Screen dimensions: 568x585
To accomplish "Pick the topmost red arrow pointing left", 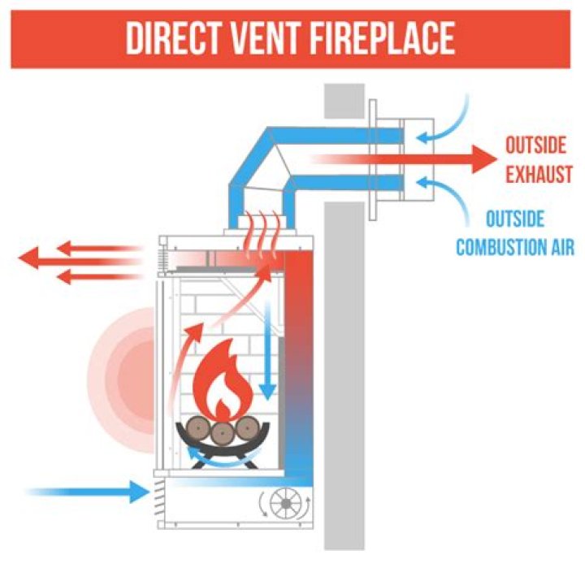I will pyautogui.click(x=81, y=246).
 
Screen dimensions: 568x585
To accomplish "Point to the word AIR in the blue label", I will pyautogui.click(x=560, y=246).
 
